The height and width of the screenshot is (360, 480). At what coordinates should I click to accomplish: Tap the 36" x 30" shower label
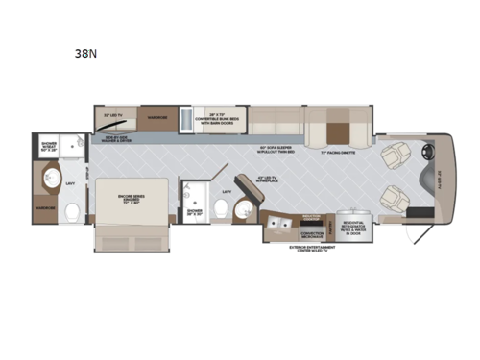click(x=193, y=211)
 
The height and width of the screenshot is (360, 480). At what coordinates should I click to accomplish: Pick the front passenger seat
click(x=394, y=198)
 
